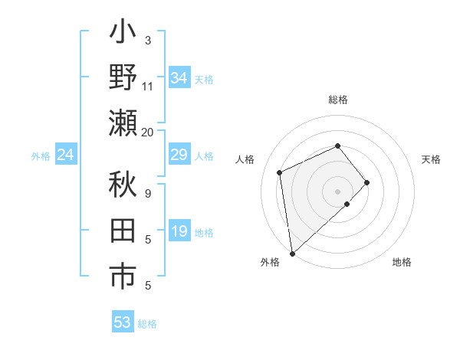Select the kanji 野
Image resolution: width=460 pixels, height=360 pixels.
click(x=123, y=78)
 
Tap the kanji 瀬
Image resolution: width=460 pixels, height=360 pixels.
click(x=123, y=122)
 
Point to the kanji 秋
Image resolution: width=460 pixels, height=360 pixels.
click(x=123, y=185)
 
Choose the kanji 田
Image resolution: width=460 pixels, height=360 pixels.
click(x=123, y=232)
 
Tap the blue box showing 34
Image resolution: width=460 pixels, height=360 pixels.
click(x=179, y=78)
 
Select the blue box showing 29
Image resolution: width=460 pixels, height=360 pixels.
click(x=179, y=155)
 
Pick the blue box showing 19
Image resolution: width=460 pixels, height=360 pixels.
click(x=179, y=232)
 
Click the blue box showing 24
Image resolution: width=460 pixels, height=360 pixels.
click(x=65, y=155)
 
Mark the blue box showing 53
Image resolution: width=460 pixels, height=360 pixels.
click(x=122, y=322)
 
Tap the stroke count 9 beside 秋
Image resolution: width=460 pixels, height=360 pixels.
click(x=148, y=193)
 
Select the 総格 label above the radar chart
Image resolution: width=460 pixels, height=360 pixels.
click(x=337, y=100)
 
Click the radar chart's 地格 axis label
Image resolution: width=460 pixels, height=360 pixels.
click(x=402, y=262)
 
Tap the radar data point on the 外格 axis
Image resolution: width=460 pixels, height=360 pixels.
click(x=291, y=253)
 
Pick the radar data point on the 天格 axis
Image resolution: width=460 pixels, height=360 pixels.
click(x=367, y=182)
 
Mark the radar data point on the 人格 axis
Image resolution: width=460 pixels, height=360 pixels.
click(x=280, y=172)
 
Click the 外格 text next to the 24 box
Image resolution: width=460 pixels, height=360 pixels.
click(x=41, y=156)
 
